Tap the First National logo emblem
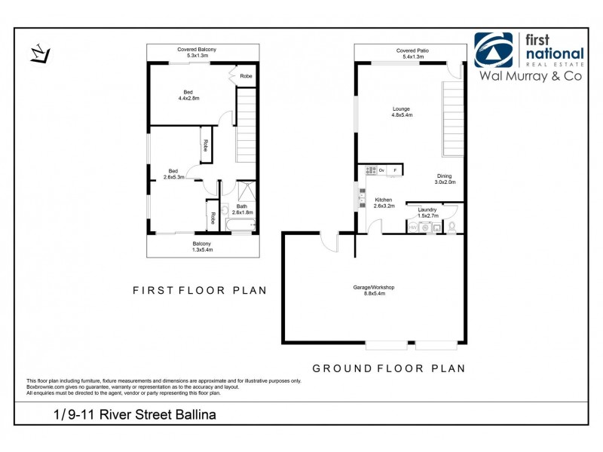(493, 51)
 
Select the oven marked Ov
(381, 170)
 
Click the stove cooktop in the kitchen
(369, 170)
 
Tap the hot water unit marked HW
(413, 225)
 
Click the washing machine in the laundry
(427, 225)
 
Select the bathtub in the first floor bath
(240, 224)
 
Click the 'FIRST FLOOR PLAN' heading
(199, 290)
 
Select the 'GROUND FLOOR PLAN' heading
(389, 368)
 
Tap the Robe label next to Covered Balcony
(246, 76)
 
